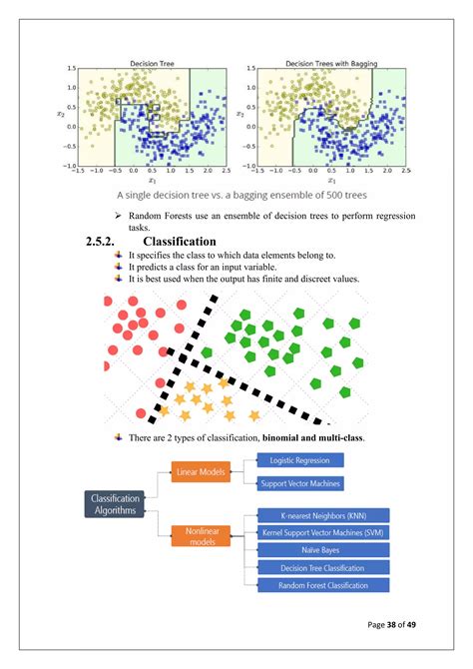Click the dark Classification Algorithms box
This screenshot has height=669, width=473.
[x=114, y=504]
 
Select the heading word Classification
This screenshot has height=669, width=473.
[x=180, y=242]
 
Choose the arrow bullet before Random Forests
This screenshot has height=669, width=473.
[x=118, y=217]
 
